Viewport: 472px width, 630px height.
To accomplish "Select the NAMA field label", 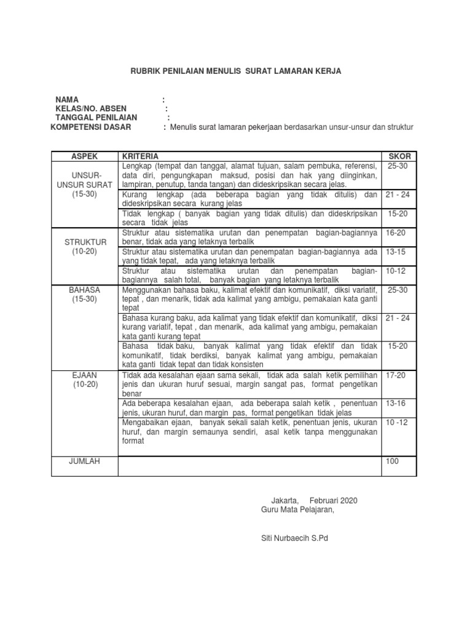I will pyautogui.click(x=67, y=100).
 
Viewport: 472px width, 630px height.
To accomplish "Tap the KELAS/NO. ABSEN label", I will pyautogui.click(x=90, y=109).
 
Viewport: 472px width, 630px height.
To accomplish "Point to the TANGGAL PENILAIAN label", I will pyautogui.click(x=96, y=118).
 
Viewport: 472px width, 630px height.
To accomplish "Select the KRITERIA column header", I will pyautogui.click(x=141, y=157).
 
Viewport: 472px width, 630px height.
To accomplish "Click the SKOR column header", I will pyautogui.click(x=399, y=157).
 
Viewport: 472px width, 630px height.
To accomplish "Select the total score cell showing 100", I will pyautogui.click(x=392, y=460).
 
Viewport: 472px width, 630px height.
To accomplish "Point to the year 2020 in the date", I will pyautogui.click(x=347, y=500).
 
